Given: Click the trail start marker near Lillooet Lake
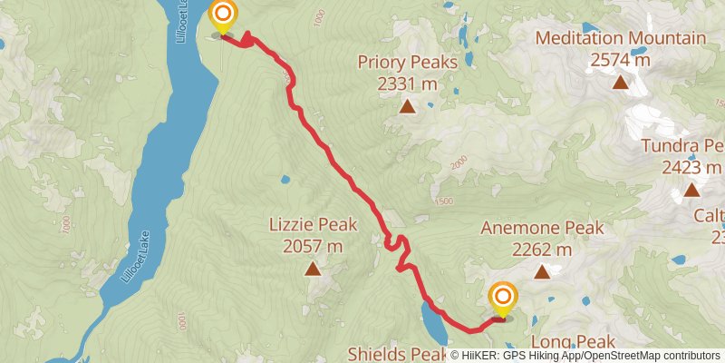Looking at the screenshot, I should (x=222, y=16).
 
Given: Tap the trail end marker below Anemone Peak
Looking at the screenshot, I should (x=502, y=298).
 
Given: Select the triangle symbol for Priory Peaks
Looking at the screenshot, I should (x=408, y=107).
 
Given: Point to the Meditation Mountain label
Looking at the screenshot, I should (x=620, y=38).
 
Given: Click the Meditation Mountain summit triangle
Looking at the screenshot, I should (x=620, y=83).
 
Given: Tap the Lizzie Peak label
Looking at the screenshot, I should (x=313, y=225).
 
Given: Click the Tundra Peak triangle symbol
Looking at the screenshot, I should (x=691, y=190).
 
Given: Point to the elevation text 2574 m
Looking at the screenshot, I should (x=620, y=60).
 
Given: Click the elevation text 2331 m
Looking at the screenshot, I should (x=408, y=84).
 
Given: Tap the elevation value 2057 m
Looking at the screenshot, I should (x=313, y=246).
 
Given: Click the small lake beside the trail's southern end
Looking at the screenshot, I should (x=431, y=319).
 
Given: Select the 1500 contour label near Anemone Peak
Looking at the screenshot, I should (x=443, y=201).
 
